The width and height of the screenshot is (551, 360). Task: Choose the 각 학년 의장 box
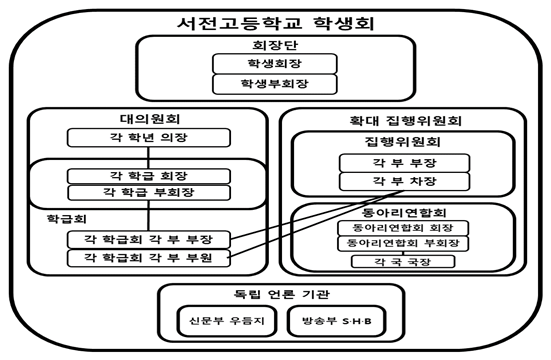point(147,137)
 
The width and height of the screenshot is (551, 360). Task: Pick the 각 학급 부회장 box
point(147,193)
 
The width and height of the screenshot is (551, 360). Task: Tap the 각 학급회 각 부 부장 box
point(147,239)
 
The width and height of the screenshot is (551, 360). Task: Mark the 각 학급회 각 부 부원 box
point(147,258)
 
